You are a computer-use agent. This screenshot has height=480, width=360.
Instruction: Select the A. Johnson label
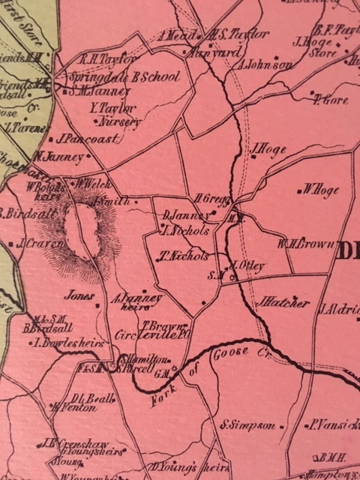(266, 65)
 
